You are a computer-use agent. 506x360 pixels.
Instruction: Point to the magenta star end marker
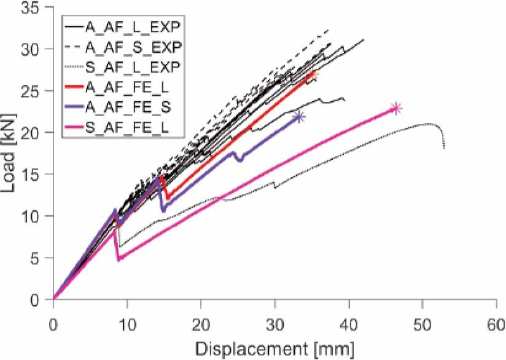click(396, 108)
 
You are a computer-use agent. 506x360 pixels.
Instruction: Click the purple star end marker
click(300, 117)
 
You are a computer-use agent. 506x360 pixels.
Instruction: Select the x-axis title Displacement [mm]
click(274, 348)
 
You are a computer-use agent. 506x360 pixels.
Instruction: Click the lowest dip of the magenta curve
click(119, 260)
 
